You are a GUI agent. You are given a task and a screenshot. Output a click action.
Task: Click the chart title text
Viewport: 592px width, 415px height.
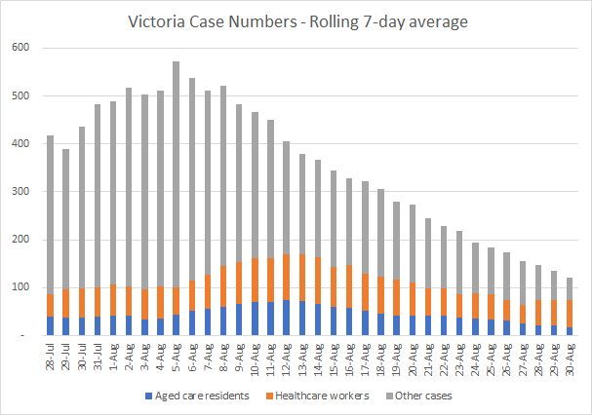pyautogui.click(x=297, y=21)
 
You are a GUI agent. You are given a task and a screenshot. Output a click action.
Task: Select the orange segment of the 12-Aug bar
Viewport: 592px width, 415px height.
pyautogui.click(x=286, y=277)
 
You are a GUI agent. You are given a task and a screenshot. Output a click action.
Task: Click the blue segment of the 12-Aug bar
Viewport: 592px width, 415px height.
pyautogui.click(x=286, y=318)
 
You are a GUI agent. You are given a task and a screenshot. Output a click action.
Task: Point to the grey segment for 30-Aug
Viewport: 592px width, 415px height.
pyautogui.click(x=570, y=289)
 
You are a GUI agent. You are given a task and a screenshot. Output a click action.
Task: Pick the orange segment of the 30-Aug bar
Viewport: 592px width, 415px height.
pyautogui.click(x=570, y=314)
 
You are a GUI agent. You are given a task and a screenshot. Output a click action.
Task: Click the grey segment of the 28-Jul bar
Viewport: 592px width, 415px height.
pyautogui.click(x=50, y=214)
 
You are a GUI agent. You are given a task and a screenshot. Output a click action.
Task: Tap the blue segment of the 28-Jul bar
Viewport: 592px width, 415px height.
pyautogui.click(x=50, y=326)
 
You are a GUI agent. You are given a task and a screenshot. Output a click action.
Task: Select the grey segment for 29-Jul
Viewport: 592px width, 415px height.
pyautogui.click(x=65, y=219)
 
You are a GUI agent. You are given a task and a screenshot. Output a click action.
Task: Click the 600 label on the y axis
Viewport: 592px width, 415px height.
pyautogui.click(x=20, y=48)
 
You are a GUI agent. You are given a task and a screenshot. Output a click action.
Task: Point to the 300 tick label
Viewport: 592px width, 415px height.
pyautogui.click(x=20, y=191)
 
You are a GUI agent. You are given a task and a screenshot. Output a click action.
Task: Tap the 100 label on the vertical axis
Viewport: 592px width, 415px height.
pyautogui.click(x=20, y=287)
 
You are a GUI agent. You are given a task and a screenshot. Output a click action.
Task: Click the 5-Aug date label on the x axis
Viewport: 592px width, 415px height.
pyautogui.click(x=176, y=358)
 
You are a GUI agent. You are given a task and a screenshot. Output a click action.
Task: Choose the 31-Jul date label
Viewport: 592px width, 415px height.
pyautogui.click(x=98, y=357)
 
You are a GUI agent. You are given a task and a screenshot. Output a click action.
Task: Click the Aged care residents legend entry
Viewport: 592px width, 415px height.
pyautogui.click(x=197, y=396)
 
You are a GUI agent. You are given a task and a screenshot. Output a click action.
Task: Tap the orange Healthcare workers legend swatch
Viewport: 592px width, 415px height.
pyautogui.click(x=269, y=396)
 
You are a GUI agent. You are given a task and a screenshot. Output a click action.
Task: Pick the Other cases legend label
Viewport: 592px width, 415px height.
pyautogui.click(x=423, y=396)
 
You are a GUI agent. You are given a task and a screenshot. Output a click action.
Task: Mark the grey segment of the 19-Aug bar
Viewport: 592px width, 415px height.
pyautogui.click(x=396, y=241)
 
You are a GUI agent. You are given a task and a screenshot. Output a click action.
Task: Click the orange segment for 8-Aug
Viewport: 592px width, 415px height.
pyautogui.click(x=223, y=286)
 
